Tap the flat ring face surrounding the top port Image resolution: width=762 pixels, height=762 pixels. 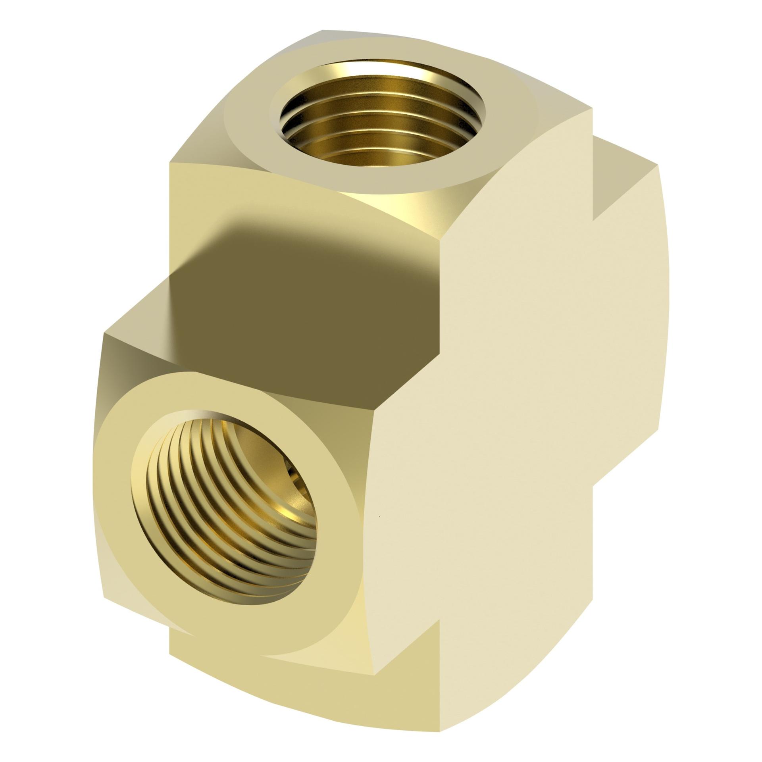pyautogui.click(x=246, y=131)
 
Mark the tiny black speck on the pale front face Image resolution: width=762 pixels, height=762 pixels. pyautogui.click(x=380, y=516)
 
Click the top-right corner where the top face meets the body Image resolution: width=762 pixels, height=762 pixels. pyautogui.click(x=593, y=108)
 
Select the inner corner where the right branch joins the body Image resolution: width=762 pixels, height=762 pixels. pyautogui.click(x=593, y=219)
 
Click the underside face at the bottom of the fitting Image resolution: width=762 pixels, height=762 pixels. pyautogui.click(x=317, y=683)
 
